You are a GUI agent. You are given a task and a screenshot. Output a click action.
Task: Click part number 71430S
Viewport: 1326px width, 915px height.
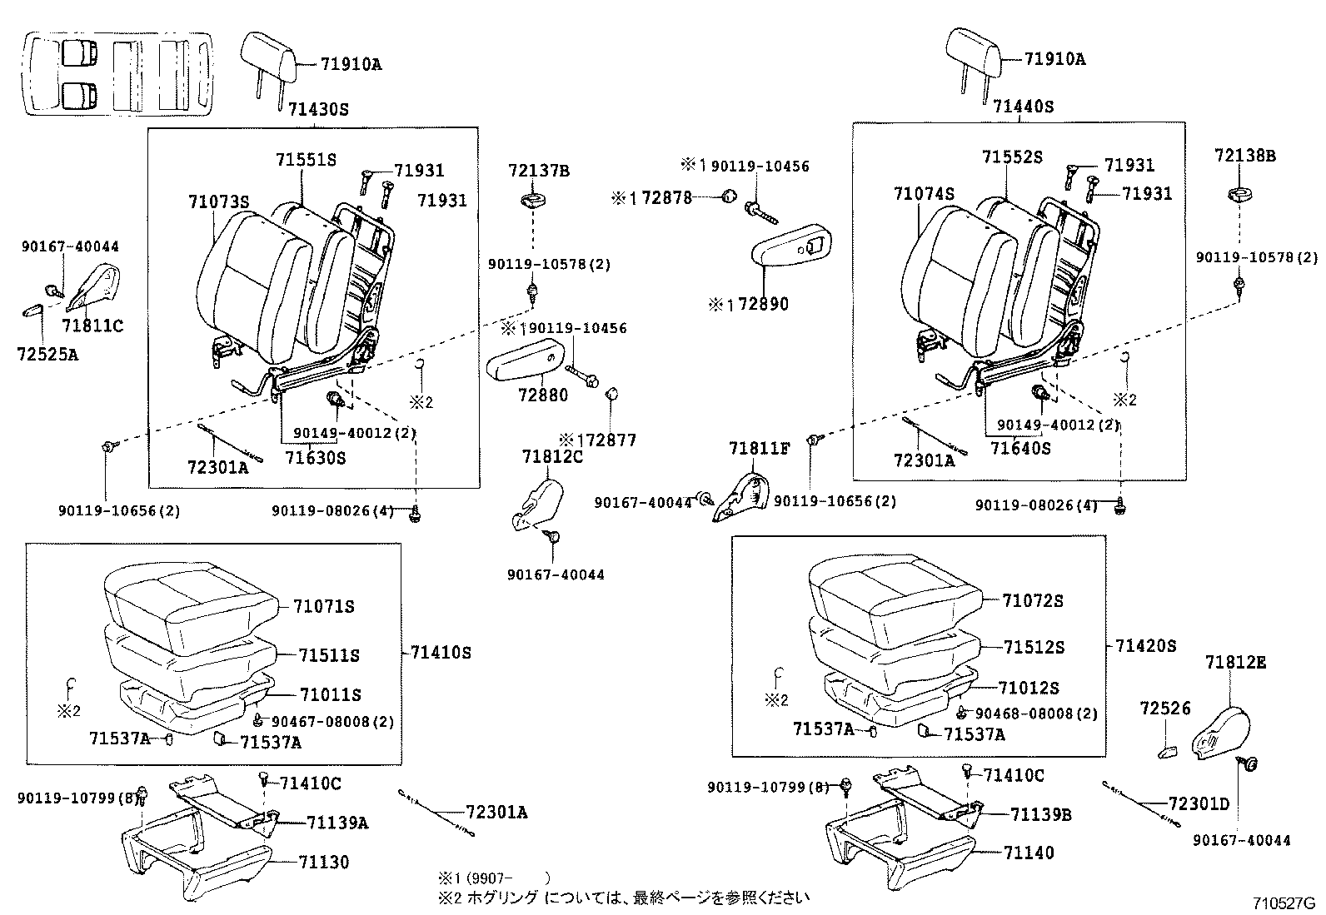coord(318,109)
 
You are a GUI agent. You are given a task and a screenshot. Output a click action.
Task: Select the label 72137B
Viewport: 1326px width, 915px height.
coord(538,171)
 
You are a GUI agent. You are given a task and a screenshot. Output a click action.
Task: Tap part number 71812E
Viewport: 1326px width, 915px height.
coord(1235,662)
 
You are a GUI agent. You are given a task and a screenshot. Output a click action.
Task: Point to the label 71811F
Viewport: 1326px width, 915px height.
coord(759,449)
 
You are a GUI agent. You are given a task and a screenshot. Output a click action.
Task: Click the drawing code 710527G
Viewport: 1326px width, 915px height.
coord(1284,903)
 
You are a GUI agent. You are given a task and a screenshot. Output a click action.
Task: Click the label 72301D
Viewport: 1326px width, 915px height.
coord(1199,803)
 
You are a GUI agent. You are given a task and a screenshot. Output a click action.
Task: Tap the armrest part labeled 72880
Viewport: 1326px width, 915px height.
coord(527,364)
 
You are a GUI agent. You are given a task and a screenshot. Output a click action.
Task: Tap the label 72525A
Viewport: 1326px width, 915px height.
coord(47,354)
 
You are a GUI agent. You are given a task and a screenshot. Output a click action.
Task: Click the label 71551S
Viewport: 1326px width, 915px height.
coord(306,160)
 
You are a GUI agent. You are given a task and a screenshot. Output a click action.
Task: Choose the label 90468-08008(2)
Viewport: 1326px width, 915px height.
coord(1036,714)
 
